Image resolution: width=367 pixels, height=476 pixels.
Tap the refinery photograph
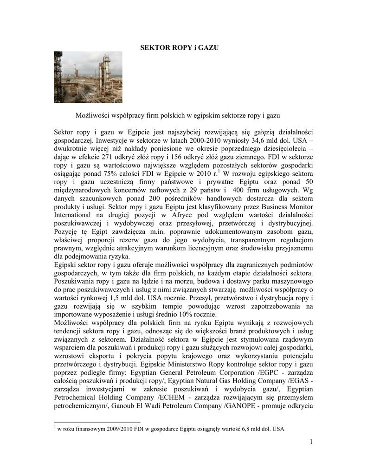coord(88,77)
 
